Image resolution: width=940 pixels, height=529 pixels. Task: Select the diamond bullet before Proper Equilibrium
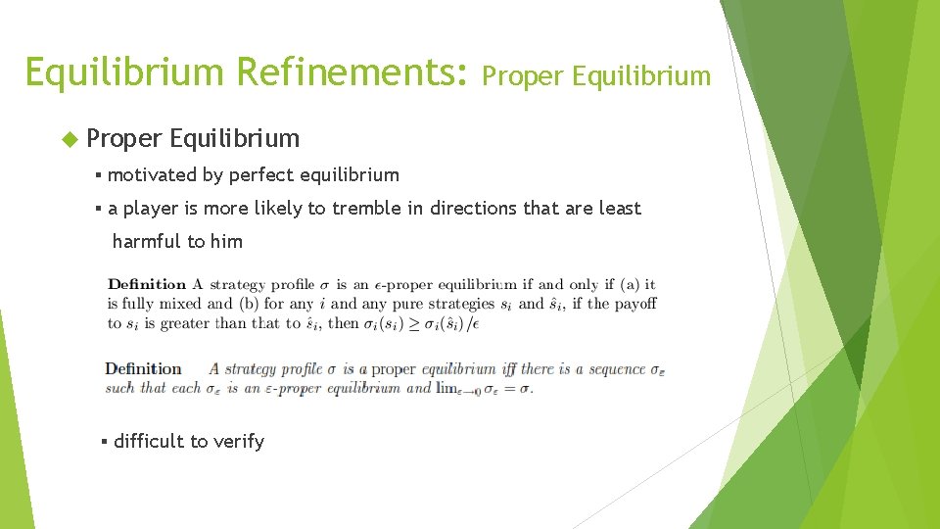[x=69, y=138]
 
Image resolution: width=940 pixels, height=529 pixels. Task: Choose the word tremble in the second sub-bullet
[x=366, y=208]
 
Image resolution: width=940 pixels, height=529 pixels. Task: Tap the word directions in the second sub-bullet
[x=474, y=208]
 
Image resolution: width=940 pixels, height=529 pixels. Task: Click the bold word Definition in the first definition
[x=147, y=285]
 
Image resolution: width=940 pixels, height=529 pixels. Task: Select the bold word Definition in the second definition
[x=143, y=369]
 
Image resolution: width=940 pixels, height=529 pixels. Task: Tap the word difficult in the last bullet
[x=149, y=441]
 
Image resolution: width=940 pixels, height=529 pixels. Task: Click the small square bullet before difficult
[x=104, y=441]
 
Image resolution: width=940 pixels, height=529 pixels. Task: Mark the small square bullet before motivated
[x=99, y=175]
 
